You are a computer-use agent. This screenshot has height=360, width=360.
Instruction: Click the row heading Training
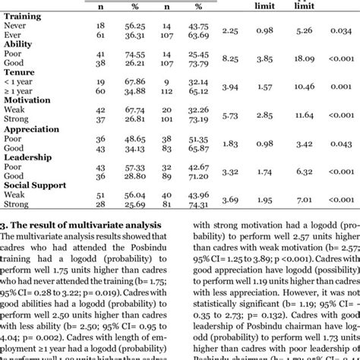click(x=24, y=17)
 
